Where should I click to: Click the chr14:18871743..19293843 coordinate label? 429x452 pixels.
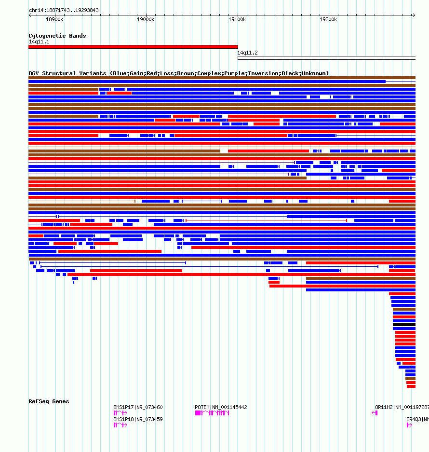click(x=64, y=10)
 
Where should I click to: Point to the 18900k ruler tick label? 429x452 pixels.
click(x=54, y=19)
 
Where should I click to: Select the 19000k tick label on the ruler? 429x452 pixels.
click(x=146, y=19)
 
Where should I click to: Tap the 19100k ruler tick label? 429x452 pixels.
click(x=237, y=19)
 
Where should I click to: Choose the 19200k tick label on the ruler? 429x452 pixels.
click(x=328, y=19)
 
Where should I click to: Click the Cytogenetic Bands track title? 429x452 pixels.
click(x=57, y=36)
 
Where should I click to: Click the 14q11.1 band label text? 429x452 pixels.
click(x=39, y=41)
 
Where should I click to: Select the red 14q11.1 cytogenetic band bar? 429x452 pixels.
click(x=133, y=47)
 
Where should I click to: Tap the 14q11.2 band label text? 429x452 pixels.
click(x=247, y=53)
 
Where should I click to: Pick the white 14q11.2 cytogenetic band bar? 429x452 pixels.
click(x=326, y=58)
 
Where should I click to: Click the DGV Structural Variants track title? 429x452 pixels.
click(x=178, y=73)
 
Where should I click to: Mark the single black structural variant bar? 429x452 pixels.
click(x=404, y=325)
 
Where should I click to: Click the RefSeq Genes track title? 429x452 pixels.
click(x=49, y=401)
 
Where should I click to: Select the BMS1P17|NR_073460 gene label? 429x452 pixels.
click(x=138, y=407)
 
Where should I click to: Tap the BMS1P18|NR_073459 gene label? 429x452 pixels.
click(x=138, y=419)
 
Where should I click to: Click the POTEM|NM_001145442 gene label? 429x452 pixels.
click(x=221, y=407)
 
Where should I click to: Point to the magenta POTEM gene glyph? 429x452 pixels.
click(x=212, y=413)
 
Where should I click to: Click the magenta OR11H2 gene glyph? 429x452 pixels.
click(x=375, y=413)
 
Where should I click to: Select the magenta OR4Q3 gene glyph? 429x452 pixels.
click(x=410, y=425)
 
